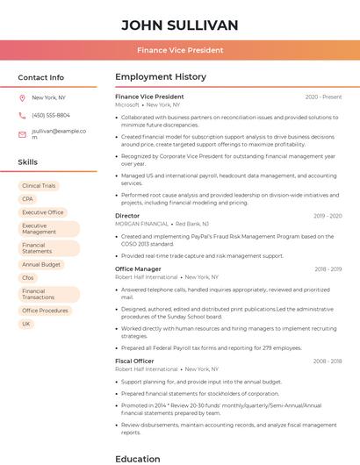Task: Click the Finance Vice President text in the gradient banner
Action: [179, 50]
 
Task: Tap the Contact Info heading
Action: [40, 77]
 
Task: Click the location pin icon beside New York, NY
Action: [22, 98]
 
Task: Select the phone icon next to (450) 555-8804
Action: [22, 116]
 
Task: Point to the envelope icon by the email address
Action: [22, 134]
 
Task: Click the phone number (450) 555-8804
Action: [51, 116]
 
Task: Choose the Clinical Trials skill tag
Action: [39, 186]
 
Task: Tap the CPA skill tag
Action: [27, 199]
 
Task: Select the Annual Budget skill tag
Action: [41, 264]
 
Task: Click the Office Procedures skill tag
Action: [45, 311]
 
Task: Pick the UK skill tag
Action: [26, 324]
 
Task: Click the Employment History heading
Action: [161, 77]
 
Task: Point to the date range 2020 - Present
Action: [323, 97]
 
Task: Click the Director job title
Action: [127, 216]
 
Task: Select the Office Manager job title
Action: [138, 269]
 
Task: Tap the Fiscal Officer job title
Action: [134, 361]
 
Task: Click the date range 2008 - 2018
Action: [328, 361]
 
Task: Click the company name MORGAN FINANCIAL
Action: [141, 224]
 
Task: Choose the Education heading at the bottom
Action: [138, 458]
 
